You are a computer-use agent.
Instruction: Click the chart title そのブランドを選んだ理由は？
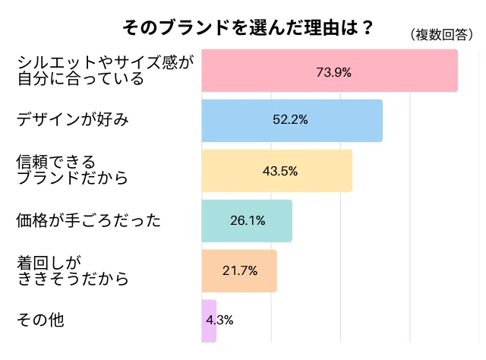pos(248,28)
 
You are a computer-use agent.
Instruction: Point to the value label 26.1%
pos(247,221)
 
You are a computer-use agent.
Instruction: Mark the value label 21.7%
pos(239,271)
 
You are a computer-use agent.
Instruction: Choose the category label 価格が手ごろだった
pos(88,221)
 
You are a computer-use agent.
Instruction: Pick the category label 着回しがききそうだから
pos(72,271)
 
